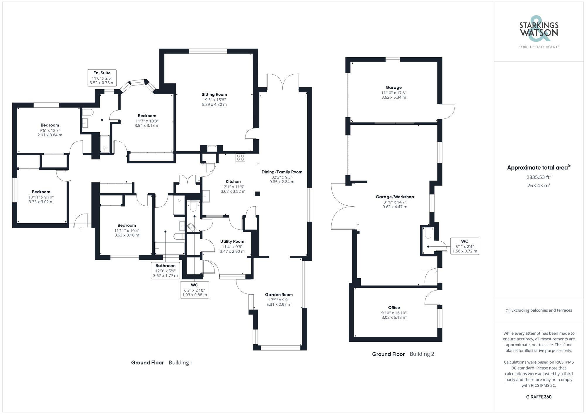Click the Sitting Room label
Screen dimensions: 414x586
[214, 95]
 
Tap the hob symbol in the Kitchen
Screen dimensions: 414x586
[240, 158]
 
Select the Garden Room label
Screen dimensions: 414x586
[279, 295]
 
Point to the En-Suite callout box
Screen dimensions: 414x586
[102, 78]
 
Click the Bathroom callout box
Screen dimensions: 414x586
[165, 270]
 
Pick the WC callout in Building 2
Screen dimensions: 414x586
[464, 246]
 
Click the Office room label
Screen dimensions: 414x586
[394, 308]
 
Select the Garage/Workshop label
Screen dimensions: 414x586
[395, 197]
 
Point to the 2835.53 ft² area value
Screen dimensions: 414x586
[539, 177]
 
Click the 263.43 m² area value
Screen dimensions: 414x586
[539, 185]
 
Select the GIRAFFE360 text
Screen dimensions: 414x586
[539, 397]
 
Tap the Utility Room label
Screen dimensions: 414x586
[232, 241]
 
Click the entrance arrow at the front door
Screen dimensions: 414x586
[81, 229]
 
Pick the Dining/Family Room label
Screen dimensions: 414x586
[282, 172]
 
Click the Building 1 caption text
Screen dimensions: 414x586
[181, 363]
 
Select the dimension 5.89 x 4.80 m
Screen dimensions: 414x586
[214, 104]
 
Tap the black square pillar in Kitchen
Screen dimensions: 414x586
[257, 194]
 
